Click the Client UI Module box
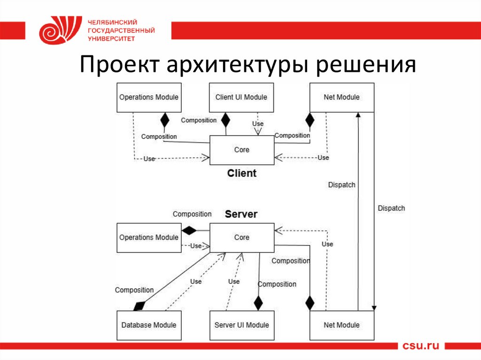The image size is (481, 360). click(x=241, y=98)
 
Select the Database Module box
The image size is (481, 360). click(x=149, y=325)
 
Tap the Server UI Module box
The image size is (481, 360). click(x=242, y=325)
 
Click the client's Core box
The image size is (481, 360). click(x=242, y=150)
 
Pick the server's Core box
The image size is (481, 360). click(x=242, y=237)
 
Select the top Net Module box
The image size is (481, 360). click(x=342, y=98)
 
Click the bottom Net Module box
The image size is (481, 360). click(x=342, y=325)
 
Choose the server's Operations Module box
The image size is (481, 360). click(x=149, y=237)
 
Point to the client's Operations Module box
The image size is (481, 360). click(x=149, y=98)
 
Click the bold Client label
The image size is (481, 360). click(x=242, y=173)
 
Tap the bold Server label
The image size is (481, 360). click(x=241, y=214)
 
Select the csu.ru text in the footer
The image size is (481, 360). click(x=420, y=345)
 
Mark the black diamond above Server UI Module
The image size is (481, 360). click(x=258, y=303)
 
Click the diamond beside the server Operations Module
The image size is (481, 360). click(x=189, y=230)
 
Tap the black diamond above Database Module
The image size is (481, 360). click(x=139, y=306)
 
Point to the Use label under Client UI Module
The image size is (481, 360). click(x=258, y=123)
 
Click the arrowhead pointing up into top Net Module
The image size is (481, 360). click(x=358, y=115)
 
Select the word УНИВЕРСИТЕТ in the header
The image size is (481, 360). click(x=111, y=38)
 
